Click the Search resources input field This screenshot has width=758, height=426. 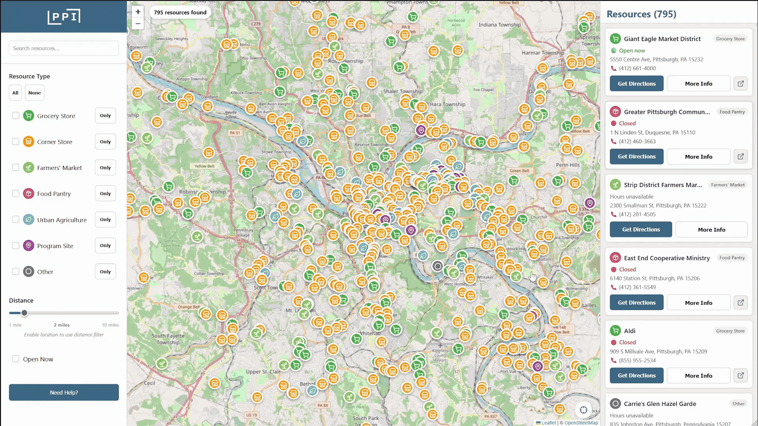(x=64, y=48)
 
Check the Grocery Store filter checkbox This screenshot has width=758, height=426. (x=15, y=116)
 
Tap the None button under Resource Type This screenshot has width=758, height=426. (x=34, y=93)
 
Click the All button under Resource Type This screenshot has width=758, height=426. (x=15, y=93)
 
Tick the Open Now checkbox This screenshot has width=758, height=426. (x=15, y=359)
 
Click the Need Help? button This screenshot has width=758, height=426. (x=64, y=392)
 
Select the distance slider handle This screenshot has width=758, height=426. (x=24, y=313)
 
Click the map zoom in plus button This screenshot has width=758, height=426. (x=138, y=12)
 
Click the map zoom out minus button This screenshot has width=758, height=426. (x=138, y=24)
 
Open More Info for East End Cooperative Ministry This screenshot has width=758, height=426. (x=698, y=303)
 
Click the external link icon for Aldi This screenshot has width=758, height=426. (x=740, y=376)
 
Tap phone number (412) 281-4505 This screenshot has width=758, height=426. (x=637, y=214)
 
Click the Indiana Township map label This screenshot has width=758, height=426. (x=499, y=24)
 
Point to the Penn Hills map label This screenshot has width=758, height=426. (x=568, y=165)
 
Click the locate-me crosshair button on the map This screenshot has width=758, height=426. (x=583, y=410)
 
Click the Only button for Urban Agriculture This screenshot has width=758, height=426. (x=105, y=219)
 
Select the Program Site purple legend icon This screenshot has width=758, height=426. (x=28, y=246)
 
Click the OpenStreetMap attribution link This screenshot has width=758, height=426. (x=581, y=422)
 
